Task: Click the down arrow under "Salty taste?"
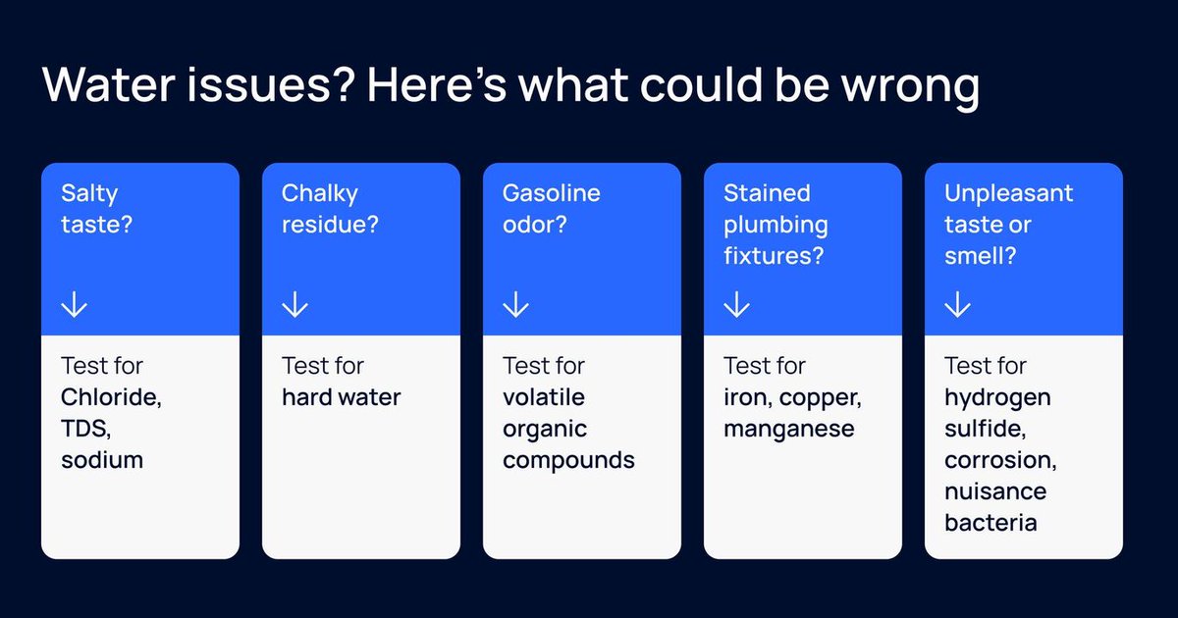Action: tap(74, 306)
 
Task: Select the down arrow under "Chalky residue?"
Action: tap(294, 306)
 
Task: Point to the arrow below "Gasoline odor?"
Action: tap(515, 306)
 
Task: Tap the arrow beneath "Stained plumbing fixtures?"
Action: tap(736, 306)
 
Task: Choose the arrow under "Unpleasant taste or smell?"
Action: tap(957, 306)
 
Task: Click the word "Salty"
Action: tap(88, 192)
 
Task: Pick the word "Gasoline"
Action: tap(550, 192)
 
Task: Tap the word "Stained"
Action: tap(767, 192)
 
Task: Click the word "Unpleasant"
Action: tap(1008, 192)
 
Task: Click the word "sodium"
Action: tap(102, 459)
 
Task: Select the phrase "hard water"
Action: tap(342, 397)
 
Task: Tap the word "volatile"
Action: tap(544, 397)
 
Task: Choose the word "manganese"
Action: tap(789, 429)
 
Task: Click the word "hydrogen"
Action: tap(997, 397)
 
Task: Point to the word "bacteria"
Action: tap(991, 522)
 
